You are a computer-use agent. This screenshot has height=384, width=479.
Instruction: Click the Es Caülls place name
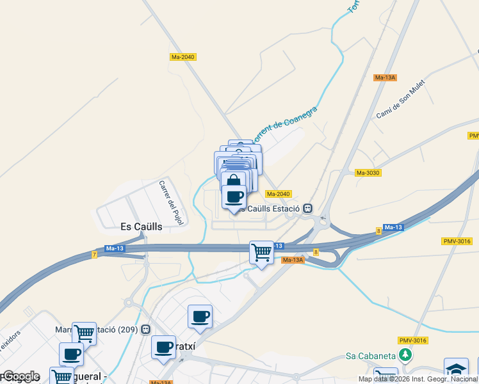pos(142,227)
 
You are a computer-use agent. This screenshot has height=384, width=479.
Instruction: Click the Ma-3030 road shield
pos(368,173)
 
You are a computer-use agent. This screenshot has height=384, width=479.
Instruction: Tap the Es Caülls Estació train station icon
pos(308,209)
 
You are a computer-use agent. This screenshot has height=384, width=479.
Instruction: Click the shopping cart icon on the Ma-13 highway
pos(261,252)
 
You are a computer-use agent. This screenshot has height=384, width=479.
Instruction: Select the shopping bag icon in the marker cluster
pos(234,180)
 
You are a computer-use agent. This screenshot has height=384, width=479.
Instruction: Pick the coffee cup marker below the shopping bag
pos(234,196)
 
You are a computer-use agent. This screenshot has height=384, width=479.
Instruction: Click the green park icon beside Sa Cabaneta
pos(404,355)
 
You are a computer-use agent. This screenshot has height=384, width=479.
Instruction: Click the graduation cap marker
pos(456,370)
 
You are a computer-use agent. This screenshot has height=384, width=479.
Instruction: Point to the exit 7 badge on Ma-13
pos(94,255)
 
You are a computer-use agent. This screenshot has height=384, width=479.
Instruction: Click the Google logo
pos(20,376)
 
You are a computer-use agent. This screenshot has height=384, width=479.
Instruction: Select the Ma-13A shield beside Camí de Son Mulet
pos(386,77)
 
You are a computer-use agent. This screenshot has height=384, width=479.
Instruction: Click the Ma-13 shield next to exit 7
pos(115,248)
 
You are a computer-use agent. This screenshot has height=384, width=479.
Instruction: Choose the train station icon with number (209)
pos(146,330)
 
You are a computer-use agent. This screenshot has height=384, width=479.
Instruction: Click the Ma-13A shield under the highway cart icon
pos(293,260)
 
